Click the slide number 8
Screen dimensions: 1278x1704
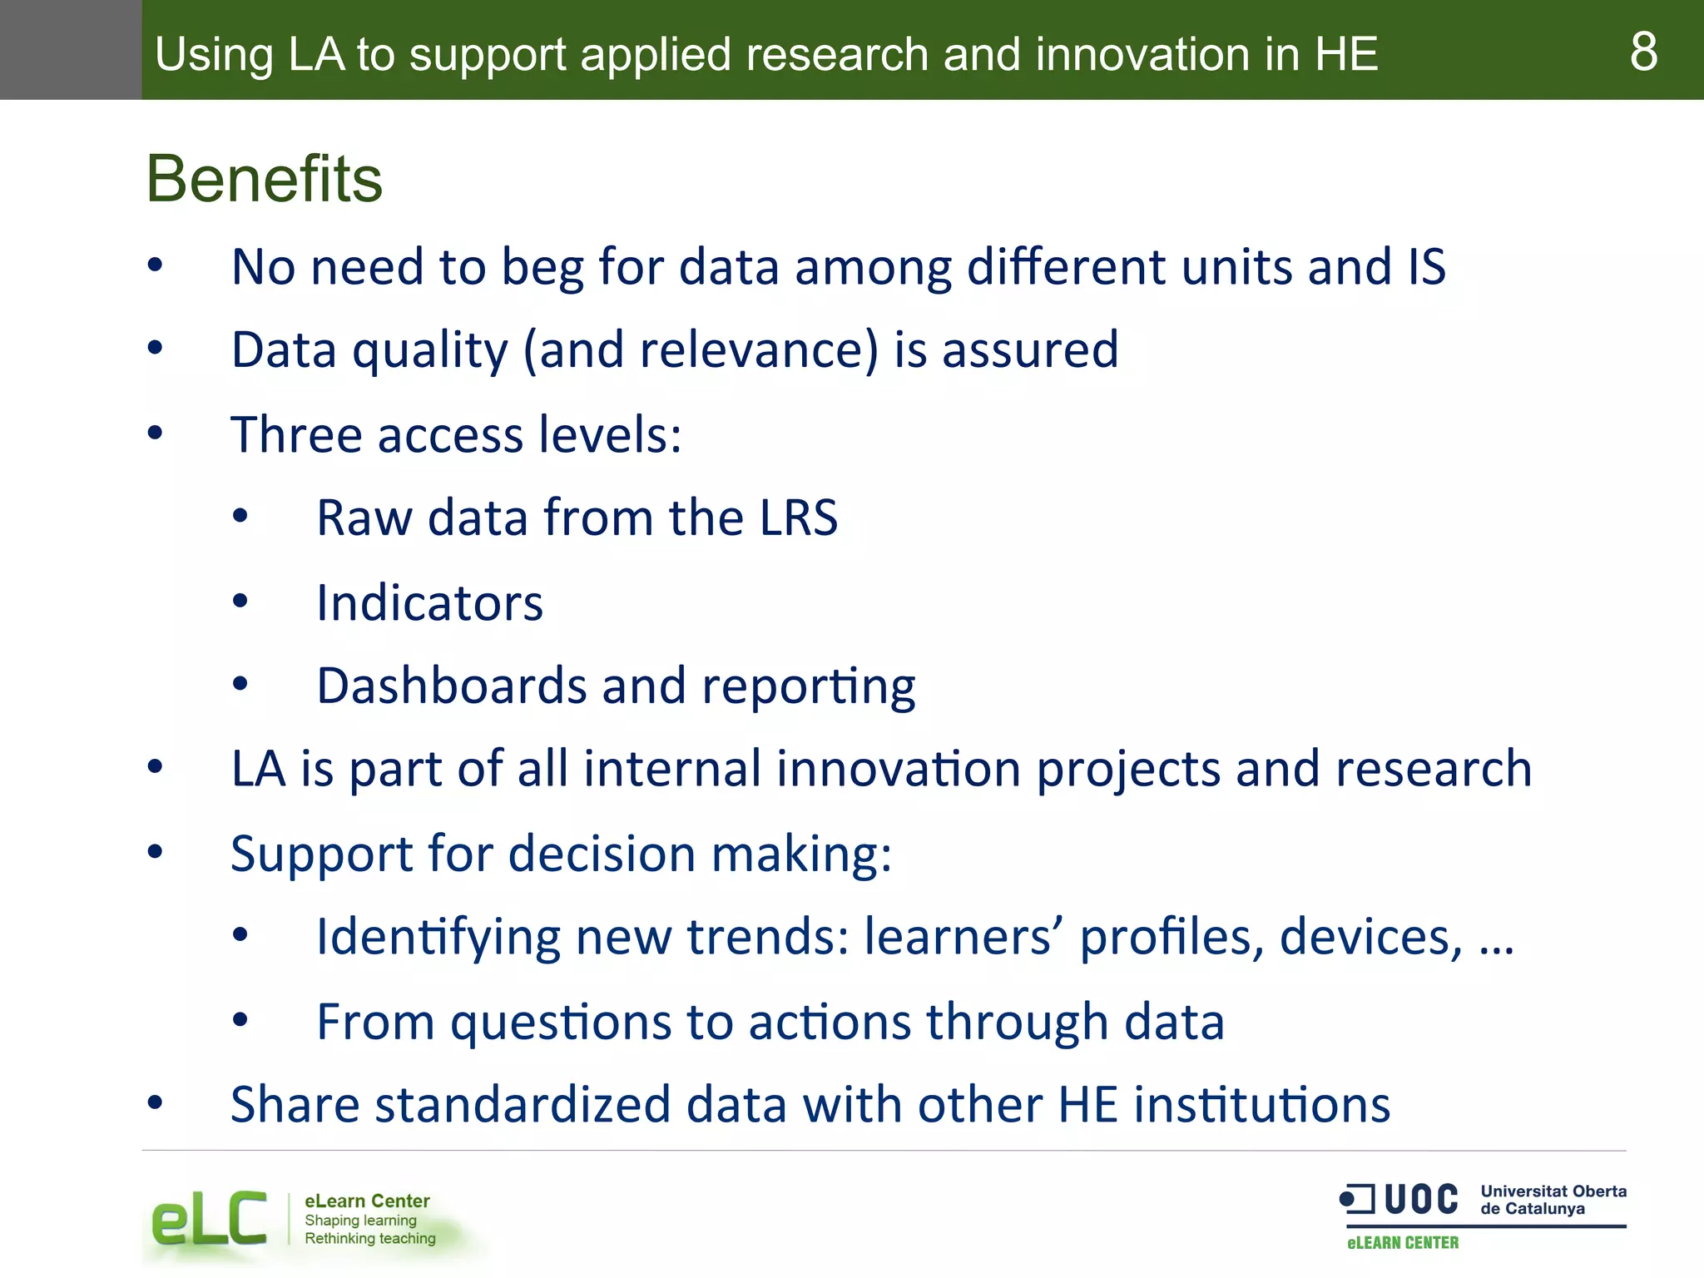click(x=1643, y=52)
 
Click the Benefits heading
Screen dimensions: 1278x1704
click(x=265, y=179)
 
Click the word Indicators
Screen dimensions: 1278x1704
click(x=429, y=602)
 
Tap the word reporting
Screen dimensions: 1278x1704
click(x=808, y=687)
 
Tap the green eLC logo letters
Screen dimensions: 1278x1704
click(x=209, y=1220)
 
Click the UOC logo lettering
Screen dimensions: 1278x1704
click(x=1420, y=1200)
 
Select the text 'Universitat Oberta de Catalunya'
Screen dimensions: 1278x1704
click(x=1553, y=1200)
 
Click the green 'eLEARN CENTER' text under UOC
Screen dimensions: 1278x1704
click(x=1403, y=1242)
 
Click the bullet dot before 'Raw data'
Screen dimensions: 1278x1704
click(x=240, y=517)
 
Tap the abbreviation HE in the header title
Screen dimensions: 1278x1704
click(x=1345, y=54)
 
